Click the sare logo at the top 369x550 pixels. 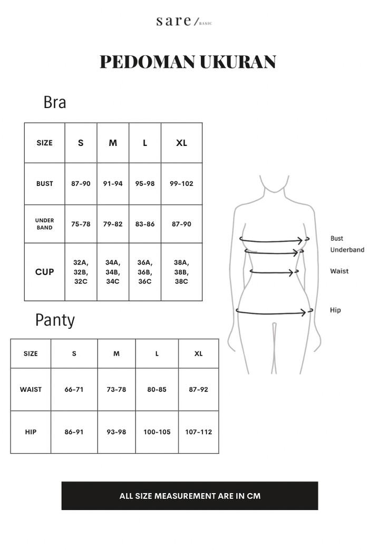184,21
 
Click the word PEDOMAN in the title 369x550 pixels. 147,62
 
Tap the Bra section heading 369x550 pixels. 55,102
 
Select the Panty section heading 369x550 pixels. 55,320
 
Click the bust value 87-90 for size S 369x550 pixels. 81,183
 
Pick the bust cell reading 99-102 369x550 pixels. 181,183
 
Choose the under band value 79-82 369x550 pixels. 113,224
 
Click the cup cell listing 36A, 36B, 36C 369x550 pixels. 144,272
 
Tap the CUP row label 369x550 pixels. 45,272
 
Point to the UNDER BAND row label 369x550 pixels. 45,224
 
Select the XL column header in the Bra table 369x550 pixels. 181,143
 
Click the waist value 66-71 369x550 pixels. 74,389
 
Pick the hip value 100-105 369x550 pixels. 157,432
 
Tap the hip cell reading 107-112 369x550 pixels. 199,432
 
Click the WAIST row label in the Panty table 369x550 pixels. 31,389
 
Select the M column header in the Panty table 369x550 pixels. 116,353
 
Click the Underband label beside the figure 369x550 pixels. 347,250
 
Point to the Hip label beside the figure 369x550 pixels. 335,310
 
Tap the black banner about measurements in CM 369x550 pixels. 190,496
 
